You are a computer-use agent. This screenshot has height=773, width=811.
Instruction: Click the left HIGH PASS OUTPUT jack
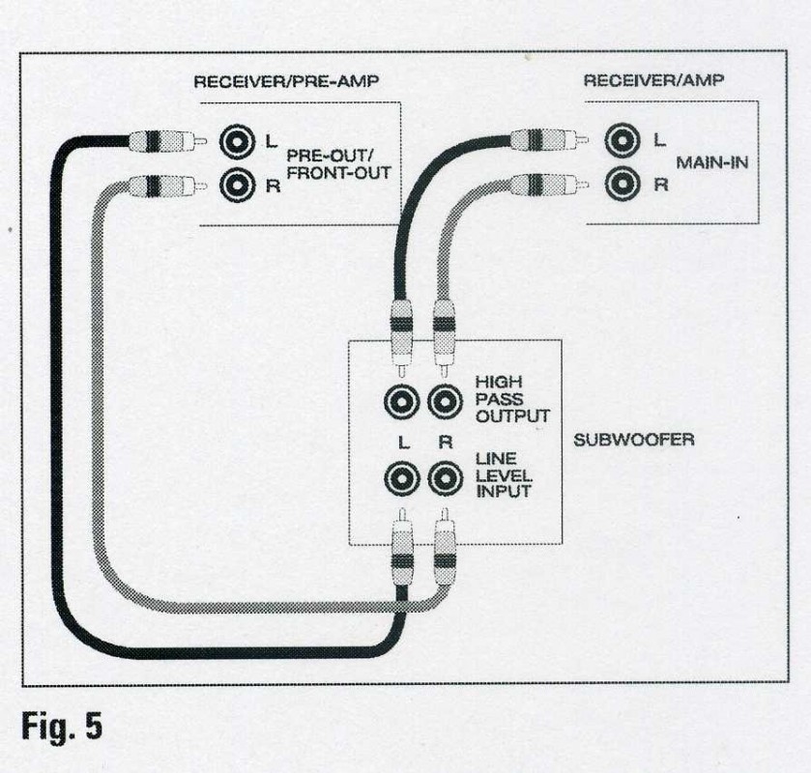point(400,400)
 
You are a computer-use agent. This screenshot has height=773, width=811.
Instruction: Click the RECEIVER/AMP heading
point(641,82)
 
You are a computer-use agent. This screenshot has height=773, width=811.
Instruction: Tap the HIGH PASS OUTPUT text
point(511,399)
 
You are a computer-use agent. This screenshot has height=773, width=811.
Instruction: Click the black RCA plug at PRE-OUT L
point(166,142)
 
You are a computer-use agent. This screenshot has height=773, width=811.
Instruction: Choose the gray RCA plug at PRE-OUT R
point(166,184)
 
